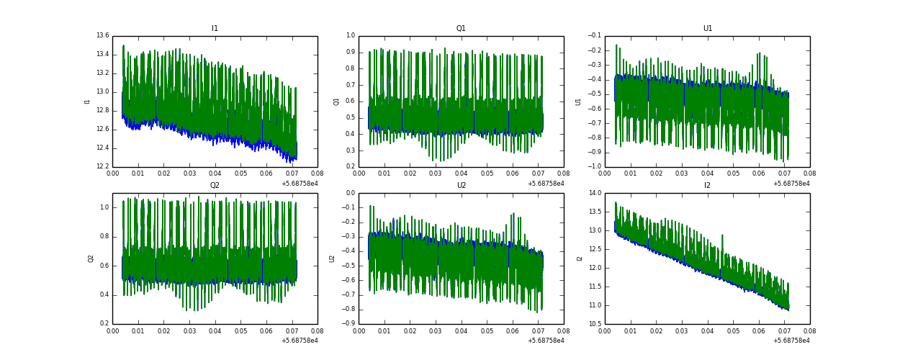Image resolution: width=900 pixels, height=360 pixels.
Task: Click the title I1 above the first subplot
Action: click(215, 29)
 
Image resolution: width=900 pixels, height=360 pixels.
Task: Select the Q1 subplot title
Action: click(461, 29)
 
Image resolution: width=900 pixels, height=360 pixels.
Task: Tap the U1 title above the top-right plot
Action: click(708, 29)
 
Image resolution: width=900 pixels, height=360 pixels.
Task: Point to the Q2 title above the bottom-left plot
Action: click(215, 186)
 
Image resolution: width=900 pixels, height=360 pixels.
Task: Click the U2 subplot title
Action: click(461, 186)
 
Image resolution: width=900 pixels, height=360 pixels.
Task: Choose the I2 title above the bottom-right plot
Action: click(708, 186)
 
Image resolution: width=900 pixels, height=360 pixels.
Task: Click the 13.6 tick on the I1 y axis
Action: click(102, 36)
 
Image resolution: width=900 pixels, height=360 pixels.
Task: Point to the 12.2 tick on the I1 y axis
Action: click(102, 166)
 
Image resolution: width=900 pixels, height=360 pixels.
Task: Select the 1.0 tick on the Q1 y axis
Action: click(351, 36)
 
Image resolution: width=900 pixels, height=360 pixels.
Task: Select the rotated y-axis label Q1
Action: click(336, 102)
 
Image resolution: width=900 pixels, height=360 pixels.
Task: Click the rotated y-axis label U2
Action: click(332, 258)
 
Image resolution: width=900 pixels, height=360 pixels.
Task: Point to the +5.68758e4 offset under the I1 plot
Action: click(300, 184)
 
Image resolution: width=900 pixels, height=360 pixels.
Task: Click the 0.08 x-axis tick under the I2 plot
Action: click(810, 330)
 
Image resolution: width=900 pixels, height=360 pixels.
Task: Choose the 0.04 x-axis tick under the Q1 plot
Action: click(461, 174)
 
